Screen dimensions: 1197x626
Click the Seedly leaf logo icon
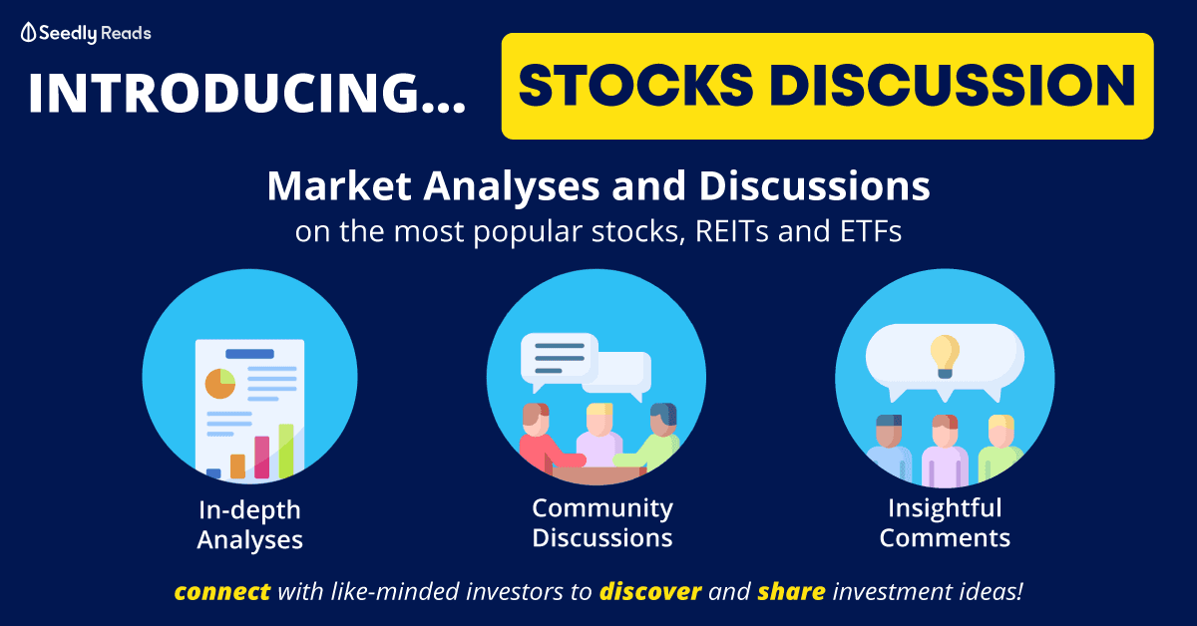28,33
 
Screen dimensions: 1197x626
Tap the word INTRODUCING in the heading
223,93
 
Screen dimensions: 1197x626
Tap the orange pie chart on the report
220,384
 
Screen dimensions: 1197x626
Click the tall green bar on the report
286,451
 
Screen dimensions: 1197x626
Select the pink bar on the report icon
261,458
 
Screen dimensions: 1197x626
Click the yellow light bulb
945,356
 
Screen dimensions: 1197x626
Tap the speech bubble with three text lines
560,361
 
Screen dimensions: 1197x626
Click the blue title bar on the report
249,354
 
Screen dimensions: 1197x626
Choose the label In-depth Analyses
249,524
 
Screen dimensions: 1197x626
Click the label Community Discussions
602,523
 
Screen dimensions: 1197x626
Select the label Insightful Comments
945,523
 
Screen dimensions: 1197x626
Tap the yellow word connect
221,592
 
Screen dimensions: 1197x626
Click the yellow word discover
650,592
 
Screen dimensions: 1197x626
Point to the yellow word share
791,592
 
